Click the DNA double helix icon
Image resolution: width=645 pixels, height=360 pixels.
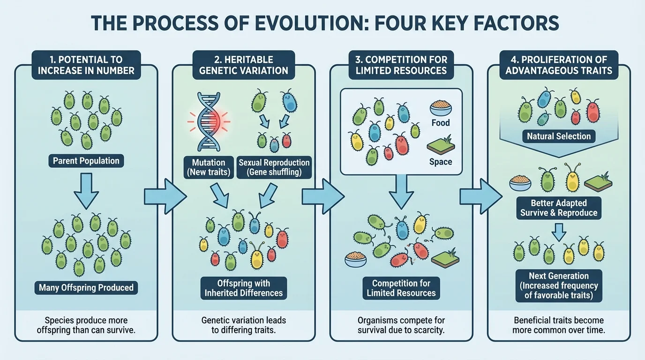click(x=209, y=122)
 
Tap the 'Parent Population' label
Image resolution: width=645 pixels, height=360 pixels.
click(x=86, y=161)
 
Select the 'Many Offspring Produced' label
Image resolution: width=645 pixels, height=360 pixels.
click(x=86, y=287)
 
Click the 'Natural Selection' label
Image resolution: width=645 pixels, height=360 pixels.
click(x=559, y=136)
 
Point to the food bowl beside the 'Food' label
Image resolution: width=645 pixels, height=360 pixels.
click(x=441, y=108)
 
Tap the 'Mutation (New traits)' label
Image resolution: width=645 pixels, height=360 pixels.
click(x=209, y=167)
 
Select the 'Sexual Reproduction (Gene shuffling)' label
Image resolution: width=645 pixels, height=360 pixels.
click(x=274, y=167)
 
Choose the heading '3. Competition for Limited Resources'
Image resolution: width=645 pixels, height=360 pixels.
click(x=401, y=65)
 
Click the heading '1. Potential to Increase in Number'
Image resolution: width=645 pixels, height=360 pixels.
click(x=86, y=65)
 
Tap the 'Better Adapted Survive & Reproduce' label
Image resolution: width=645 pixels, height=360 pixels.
click(x=559, y=208)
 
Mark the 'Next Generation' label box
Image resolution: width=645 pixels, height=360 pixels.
click(x=559, y=285)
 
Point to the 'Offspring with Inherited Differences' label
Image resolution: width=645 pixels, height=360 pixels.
click(x=244, y=288)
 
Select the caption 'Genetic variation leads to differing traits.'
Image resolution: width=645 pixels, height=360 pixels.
click(x=244, y=325)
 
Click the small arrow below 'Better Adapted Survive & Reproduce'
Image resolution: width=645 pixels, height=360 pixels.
click(x=558, y=231)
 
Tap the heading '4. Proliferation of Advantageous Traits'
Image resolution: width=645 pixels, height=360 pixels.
click(x=559, y=65)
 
